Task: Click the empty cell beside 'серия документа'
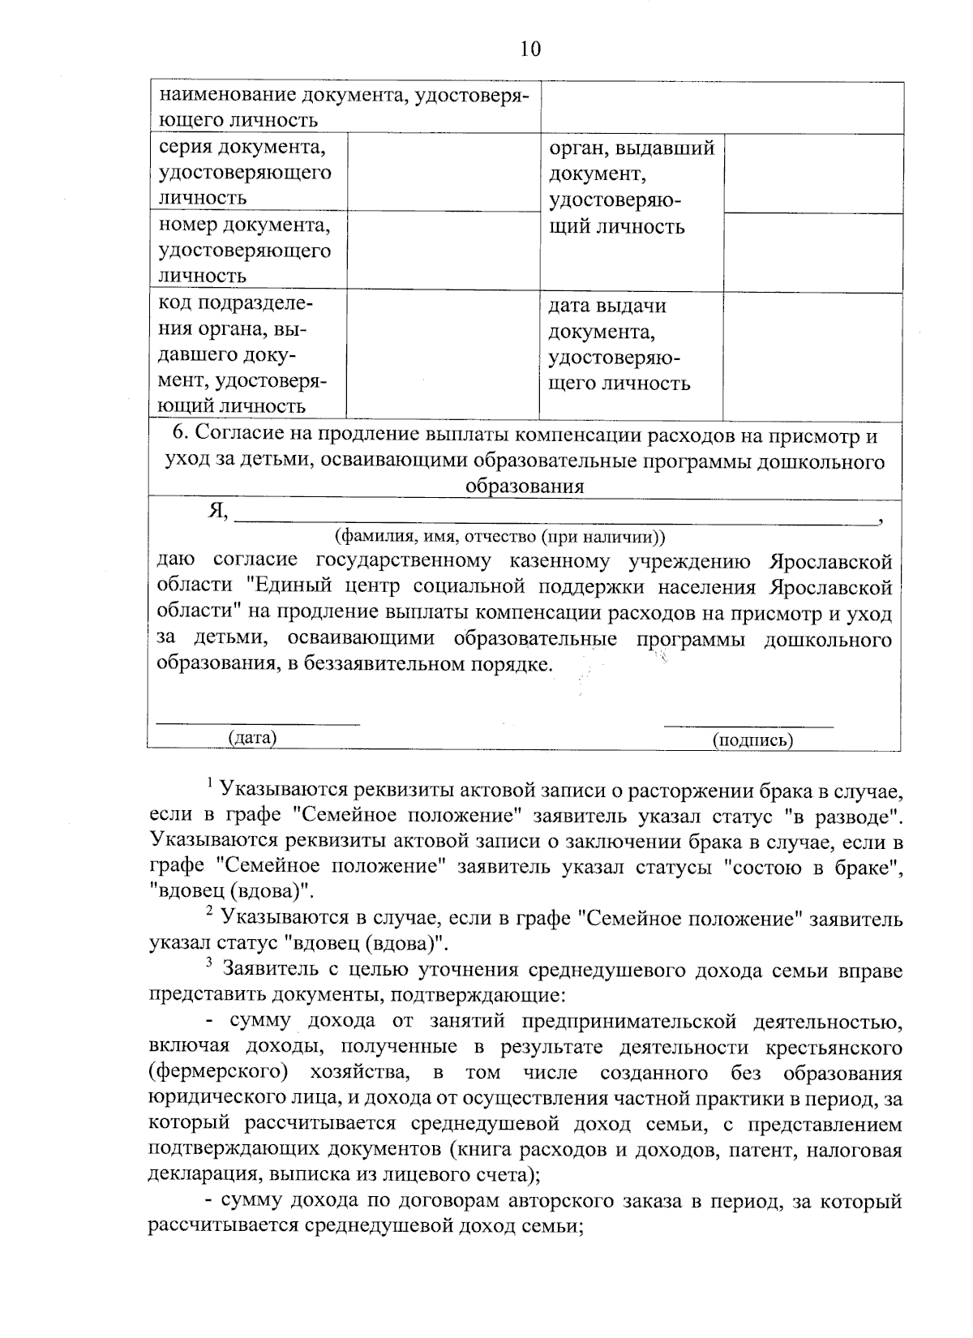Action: pyautogui.click(x=444, y=172)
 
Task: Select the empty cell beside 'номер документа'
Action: pyautogui.click(x=444, y=249)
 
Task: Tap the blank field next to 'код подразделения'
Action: pyautogui.click(x=444, y=354)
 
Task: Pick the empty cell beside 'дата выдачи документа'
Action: pyautogui.click(x=812, y=354)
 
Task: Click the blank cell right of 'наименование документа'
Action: pyautogui.click(x=722, y=107)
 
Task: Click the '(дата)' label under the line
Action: pyautogui.click(x=252, y=737)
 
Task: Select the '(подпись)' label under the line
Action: pyautogui.click(x=752, y=739)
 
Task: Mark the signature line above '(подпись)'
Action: pyautogui.click(x=748, y=725)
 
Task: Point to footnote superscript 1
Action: pyautogui.click(x=209, y=782)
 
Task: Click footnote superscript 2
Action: pyautogui.click(x=209, y=911)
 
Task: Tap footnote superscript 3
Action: pyautogui.click(x=209, y=963)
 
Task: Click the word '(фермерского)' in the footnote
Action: pyautogui.click(x=219, y=1073)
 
